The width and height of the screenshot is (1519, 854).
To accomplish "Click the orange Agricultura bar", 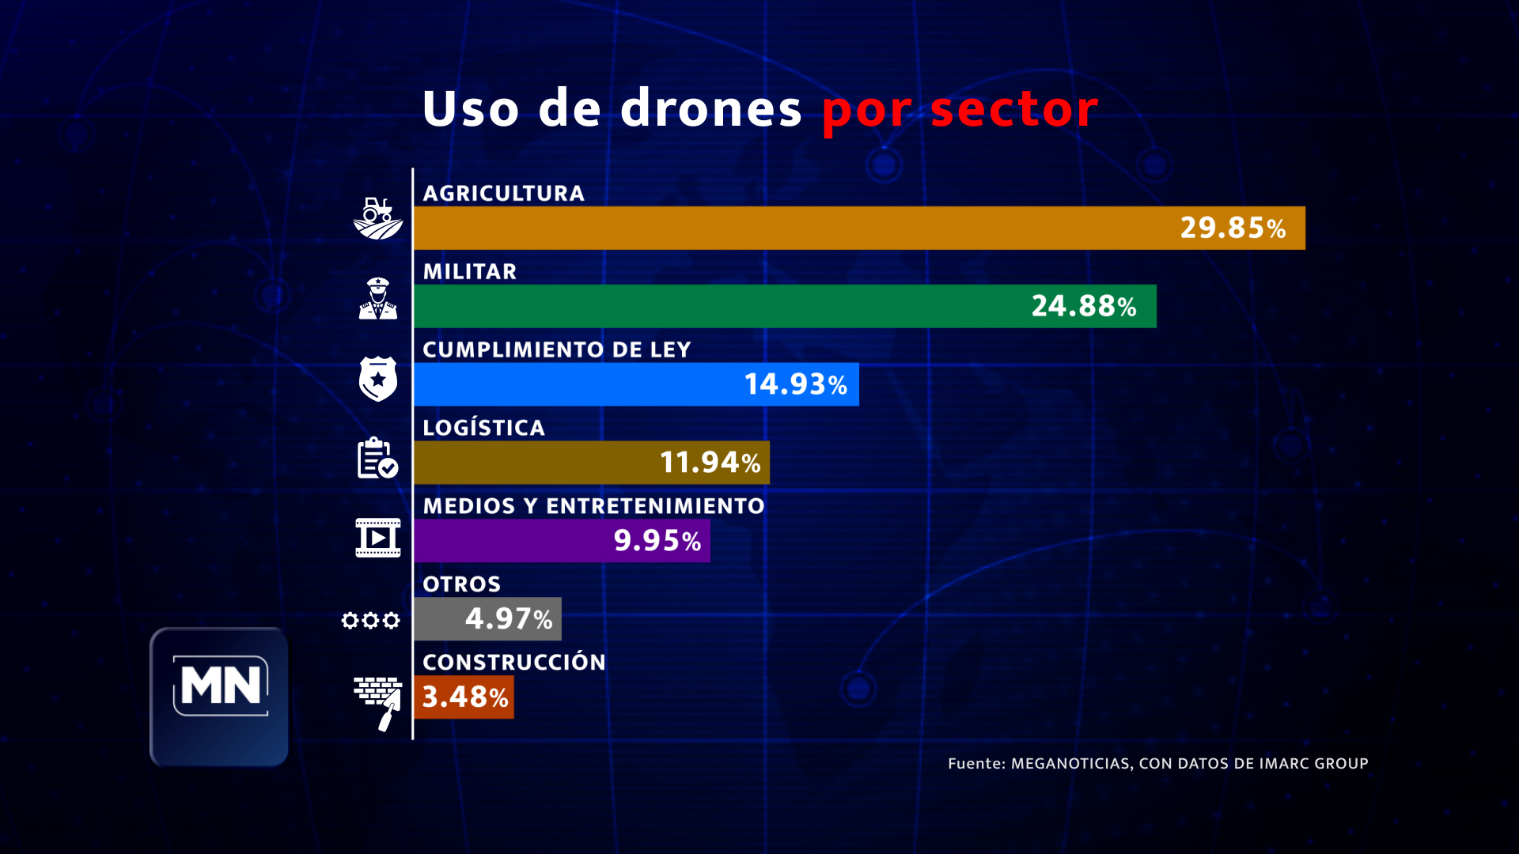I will pyautogui.click(x=791, y=228).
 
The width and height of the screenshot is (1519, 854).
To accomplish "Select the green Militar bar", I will pyautogui.click(x=712, y=306).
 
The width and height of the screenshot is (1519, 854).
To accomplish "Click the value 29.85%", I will pyautogui.click(x=1233, y=228).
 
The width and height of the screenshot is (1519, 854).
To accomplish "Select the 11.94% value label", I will pyautogui.click(x=710, y=463).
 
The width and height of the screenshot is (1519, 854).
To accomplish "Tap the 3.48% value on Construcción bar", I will pyautogui.click(x=464, y=697).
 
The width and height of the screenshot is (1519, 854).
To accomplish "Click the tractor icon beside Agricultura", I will pyautogui.click(x=378, y=218).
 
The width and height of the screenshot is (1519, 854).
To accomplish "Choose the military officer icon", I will pyautogui.click(x=378, y=298).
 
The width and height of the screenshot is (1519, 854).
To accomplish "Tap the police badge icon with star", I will pyautogui.click(x=378, y=379).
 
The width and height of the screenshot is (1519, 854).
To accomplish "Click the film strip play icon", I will pyautogui.click(x=378, y=538).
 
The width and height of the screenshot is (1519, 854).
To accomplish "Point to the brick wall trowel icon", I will pyautogui.click(x=378, y=702).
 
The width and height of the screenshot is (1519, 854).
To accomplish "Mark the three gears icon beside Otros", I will pyautogui.click(x=370, y=620).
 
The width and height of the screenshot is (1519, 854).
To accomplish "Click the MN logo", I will pyautogui.click(x=220, y=686).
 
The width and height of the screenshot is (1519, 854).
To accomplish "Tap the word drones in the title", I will pyautogui.click(x=711, y=108).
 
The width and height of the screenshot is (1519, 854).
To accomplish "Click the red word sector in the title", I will pyautogui.click(x=1014, y=108).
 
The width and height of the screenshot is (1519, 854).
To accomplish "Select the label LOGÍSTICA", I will pyautogui.click(x=483, y=428).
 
